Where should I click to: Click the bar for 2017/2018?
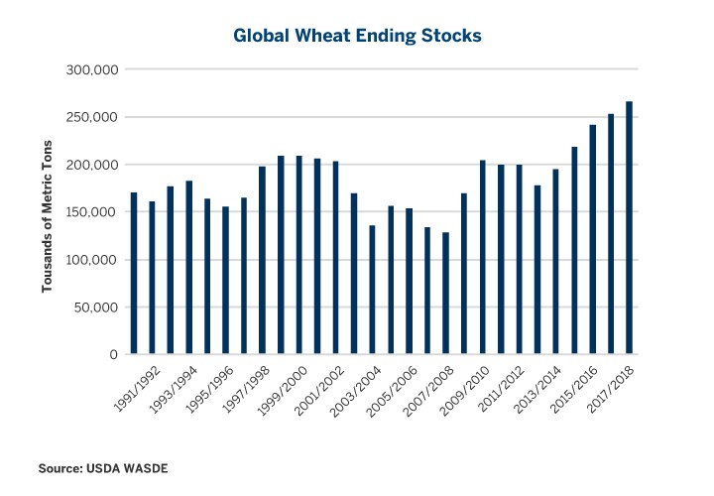[x=629, y=228]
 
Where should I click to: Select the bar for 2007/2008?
[x=445, y=294]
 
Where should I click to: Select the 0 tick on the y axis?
[x=115, y=355]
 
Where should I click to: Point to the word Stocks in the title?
[x=450, y=36]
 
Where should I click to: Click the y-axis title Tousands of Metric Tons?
[x=47, y=212]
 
